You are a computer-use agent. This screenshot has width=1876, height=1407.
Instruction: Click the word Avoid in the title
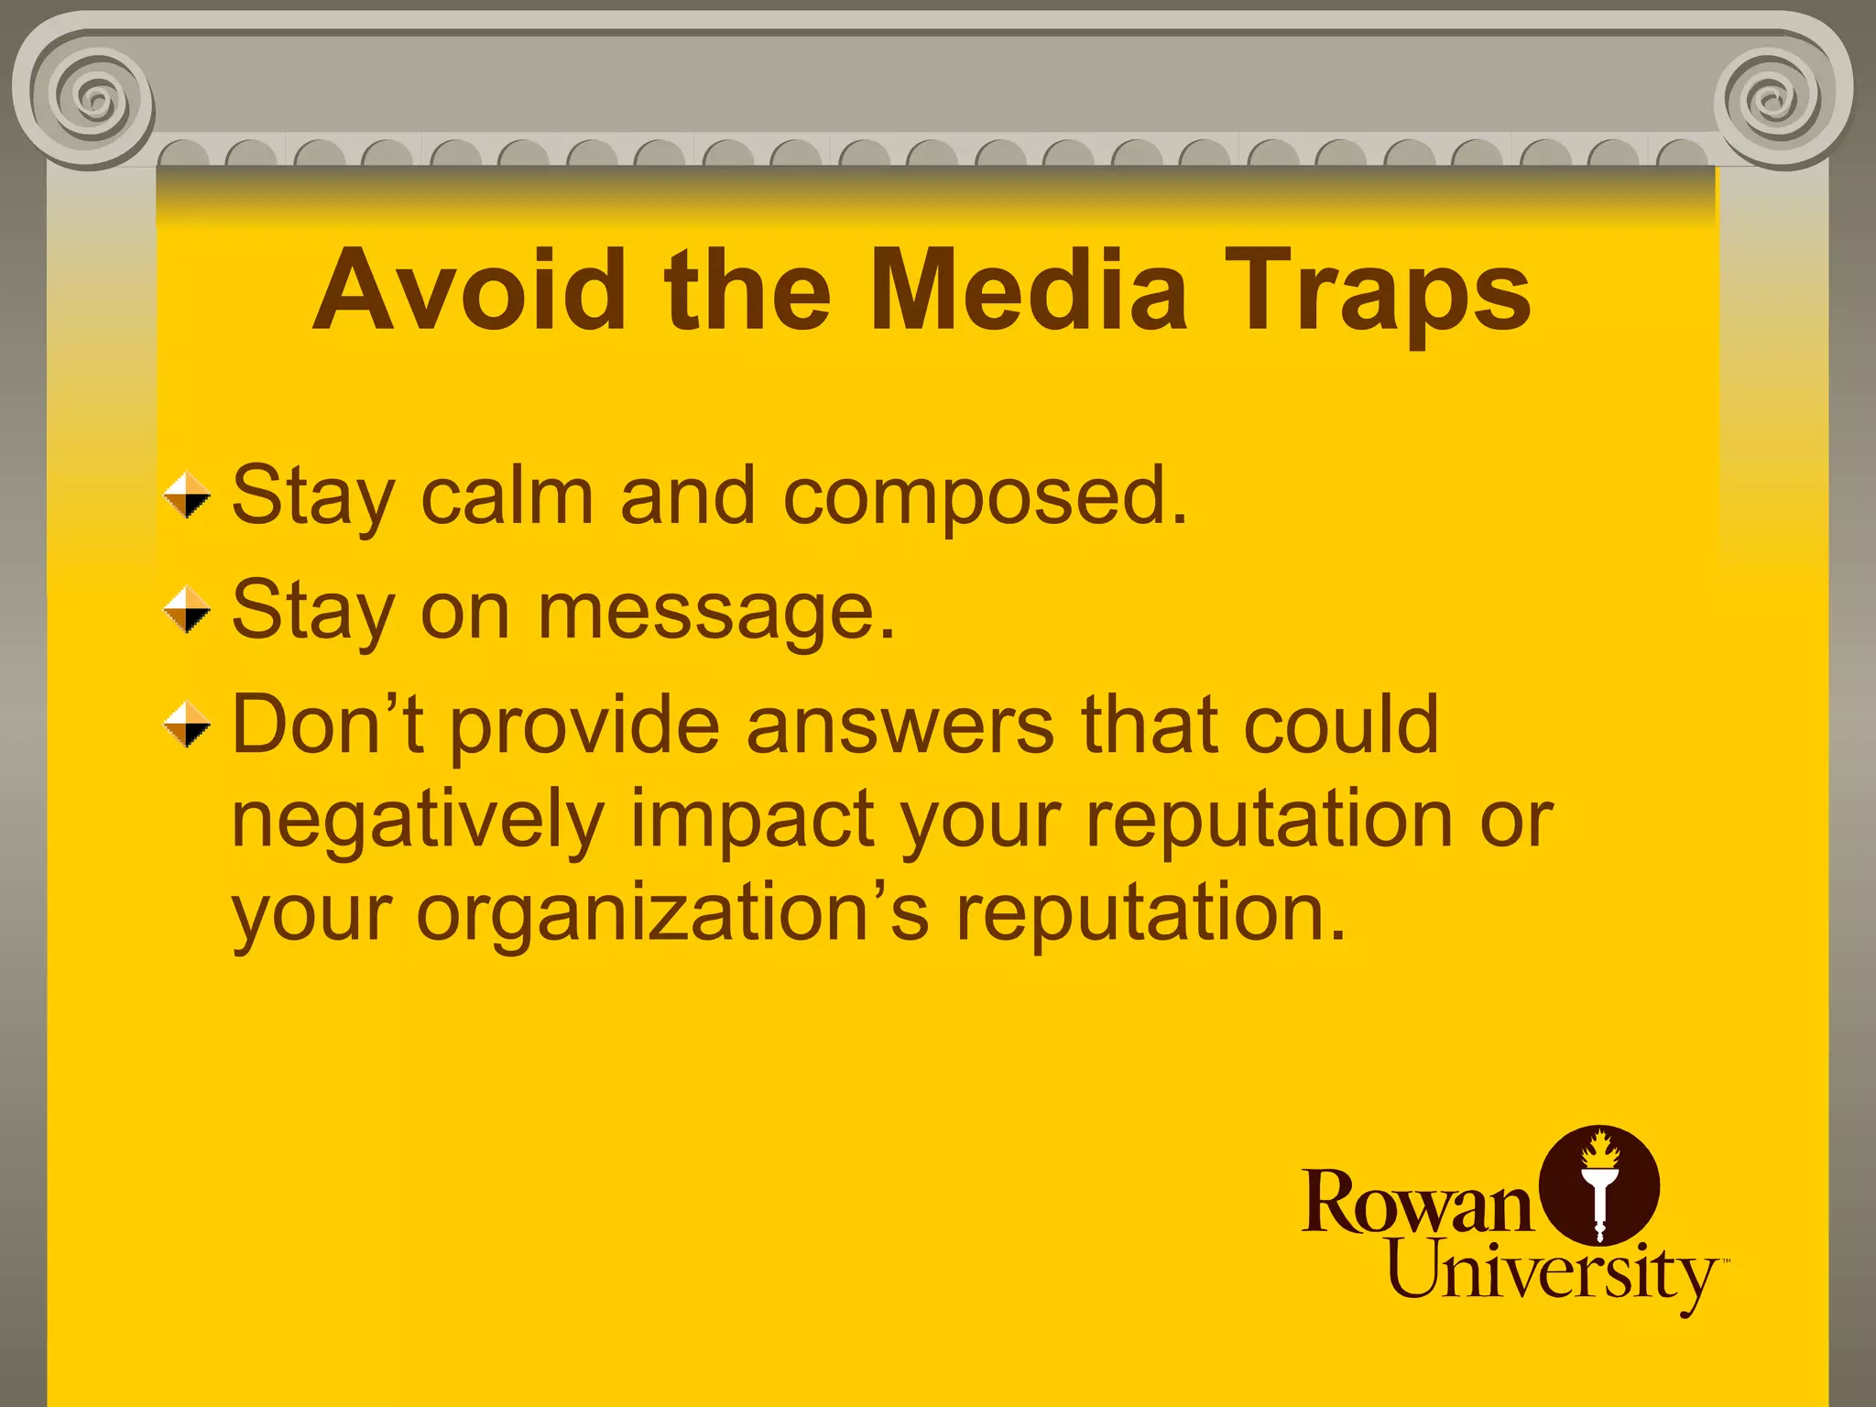point(470,291)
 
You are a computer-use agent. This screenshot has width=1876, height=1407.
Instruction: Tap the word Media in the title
point(1028,291)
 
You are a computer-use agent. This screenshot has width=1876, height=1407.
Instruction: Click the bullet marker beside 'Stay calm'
point(188,496)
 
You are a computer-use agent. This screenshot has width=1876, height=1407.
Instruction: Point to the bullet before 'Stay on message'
point(188,610)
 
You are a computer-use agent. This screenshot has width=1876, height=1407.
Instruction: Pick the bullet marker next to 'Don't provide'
point(188,725)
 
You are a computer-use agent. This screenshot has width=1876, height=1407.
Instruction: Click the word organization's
point(672,915)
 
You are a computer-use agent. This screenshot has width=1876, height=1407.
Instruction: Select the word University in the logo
point(1552,1273)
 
